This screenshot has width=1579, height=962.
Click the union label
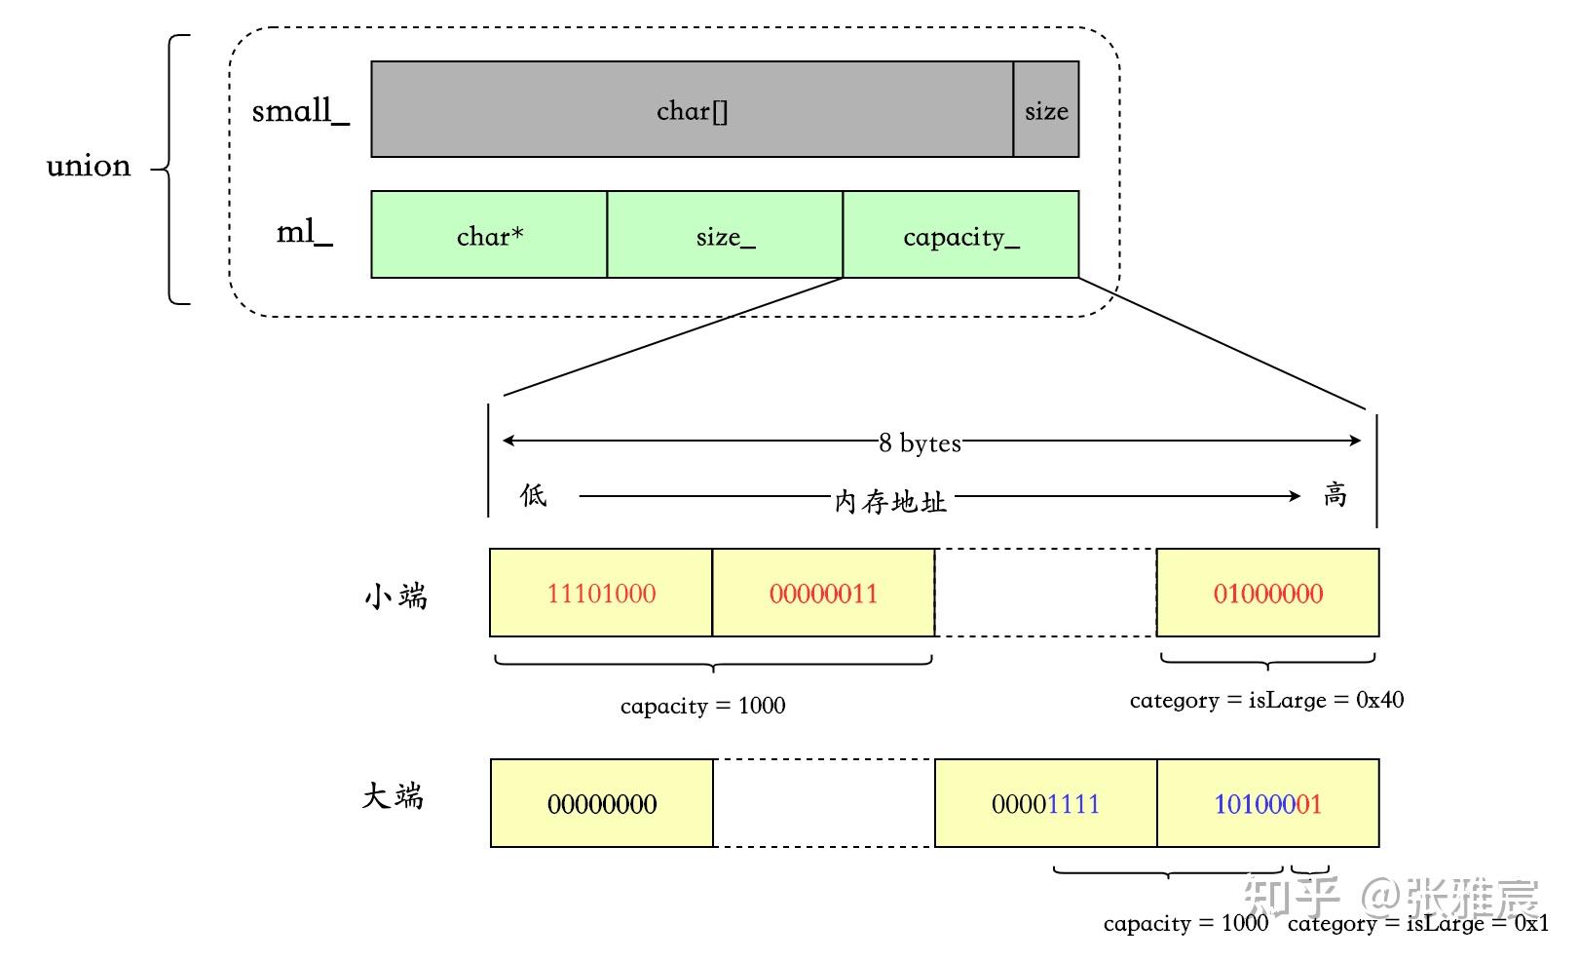pyautogui.click(x=89, y=167)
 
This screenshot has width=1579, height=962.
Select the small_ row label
pyautogui.click(x=300, y=111)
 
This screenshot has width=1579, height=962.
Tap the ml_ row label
pyautogui.click(x=305, y=233)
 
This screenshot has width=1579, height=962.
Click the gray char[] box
pyautogui.click(x=692, y=110)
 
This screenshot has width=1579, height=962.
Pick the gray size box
pyautogui.click(x=1046, y=110)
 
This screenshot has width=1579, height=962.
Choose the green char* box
pyautogui.click(x=489, y=235)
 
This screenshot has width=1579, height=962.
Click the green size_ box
pyautogui.click(x=725, y=235)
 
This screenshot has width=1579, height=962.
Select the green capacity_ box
pyautogui.click(x=960, y=235)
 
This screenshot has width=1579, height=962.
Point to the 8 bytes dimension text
pyautogui.click(x=920, y=443)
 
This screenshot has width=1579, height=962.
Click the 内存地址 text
pyautogui.click(x=890, y=501)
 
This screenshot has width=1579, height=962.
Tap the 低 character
pyautogui.click(x=533, y=495)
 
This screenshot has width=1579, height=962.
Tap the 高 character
pyautogui.click(x=1335, y=495)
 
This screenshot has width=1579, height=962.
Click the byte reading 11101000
pyautogui.click(x=601, y=594)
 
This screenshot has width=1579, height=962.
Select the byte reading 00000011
pyautogui.click(x=823, y=594)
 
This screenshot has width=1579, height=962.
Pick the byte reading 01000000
pyautogui.click(x=1267, y=594)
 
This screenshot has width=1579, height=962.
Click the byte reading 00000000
pyautogui.click(x=601, y=804)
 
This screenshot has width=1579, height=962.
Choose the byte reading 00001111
pyautogui.click(x=1045, y=804)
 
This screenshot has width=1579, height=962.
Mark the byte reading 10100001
pyautogui.click(x=1267, y=804)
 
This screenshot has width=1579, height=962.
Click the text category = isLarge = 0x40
pyautogui.click(x=1266, y=700)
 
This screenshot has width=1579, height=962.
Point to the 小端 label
pyautogui.click(x=396, y=596)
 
